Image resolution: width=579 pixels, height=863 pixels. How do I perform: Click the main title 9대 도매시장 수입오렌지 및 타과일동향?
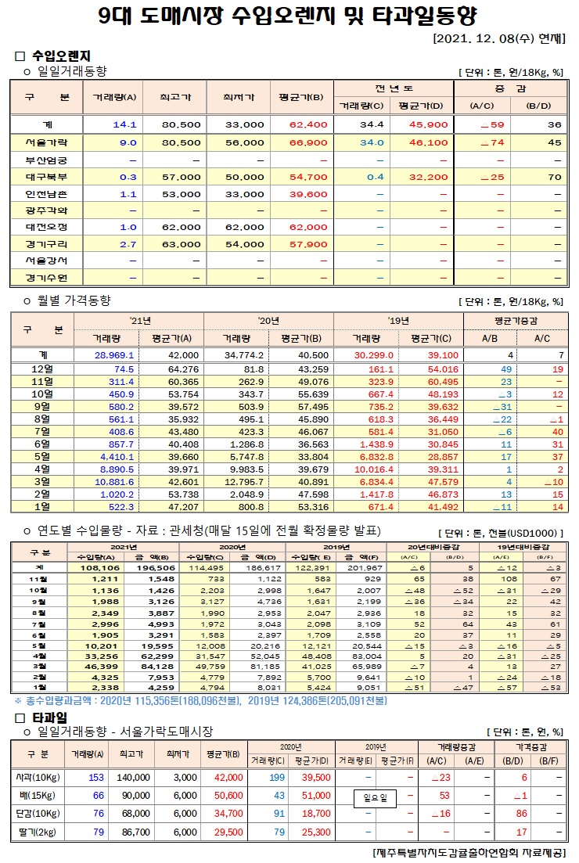pos(289,16)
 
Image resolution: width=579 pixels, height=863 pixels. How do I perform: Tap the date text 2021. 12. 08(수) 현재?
pos(498,38)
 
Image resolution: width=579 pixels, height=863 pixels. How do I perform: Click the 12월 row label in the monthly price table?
pos(42,369)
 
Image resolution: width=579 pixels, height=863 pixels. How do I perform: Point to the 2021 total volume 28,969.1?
pos(115,354)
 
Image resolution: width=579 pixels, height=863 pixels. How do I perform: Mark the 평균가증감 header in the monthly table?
pos(515,321)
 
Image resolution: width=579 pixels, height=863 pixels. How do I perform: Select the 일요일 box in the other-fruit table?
pos(376,797)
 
